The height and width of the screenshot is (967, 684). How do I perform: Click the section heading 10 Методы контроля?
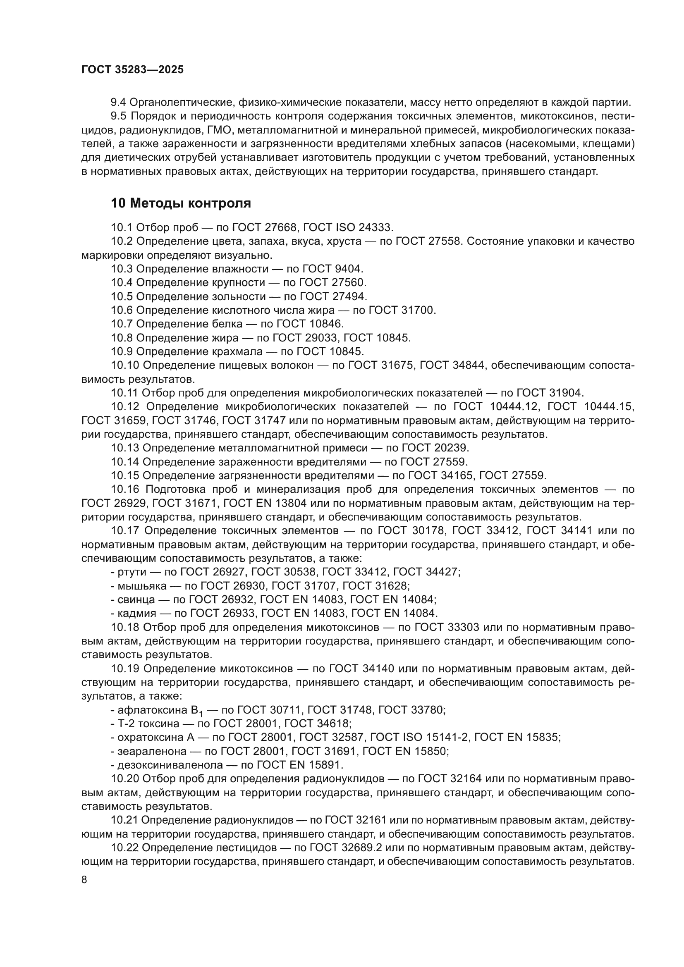point(181,203)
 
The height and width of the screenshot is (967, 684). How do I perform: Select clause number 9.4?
point(118,103)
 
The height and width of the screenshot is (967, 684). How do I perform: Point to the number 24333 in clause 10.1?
point(375,228)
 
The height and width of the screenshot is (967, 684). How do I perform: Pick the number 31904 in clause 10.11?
point(566,393)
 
